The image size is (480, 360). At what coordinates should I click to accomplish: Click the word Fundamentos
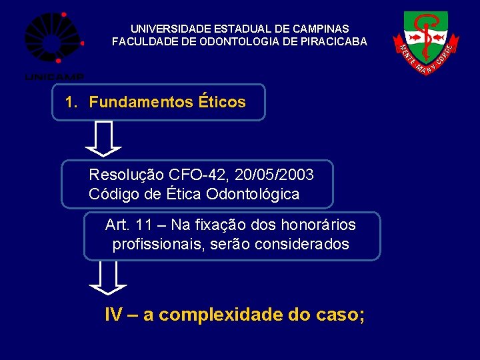141,103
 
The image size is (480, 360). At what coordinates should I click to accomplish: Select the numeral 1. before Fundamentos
72,103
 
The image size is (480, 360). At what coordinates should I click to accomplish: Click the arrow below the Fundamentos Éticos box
103,138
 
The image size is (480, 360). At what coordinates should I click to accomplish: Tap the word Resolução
127,175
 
